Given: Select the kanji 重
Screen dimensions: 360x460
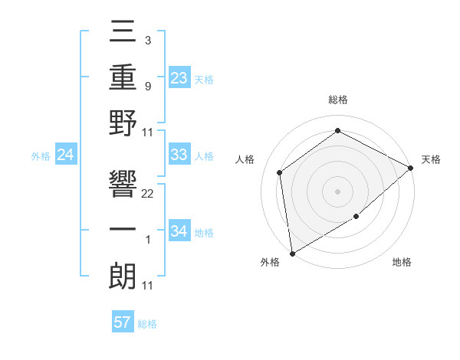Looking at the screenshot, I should (123, 79).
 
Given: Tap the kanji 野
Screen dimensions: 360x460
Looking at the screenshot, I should (123, 125).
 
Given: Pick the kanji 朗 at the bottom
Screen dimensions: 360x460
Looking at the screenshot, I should (123, 276).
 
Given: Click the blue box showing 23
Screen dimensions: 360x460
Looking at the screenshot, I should (179, 77).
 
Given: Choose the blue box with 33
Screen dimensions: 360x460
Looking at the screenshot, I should (179, 155).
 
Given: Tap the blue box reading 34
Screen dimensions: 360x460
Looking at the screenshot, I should (179, 231).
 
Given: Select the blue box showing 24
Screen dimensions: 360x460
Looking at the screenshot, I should (66, 155).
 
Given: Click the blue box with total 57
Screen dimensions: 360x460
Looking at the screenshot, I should (123, 322).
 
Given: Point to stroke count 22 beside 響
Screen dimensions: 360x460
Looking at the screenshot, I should (148, 194).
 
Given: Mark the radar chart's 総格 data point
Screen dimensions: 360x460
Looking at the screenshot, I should (337, 131).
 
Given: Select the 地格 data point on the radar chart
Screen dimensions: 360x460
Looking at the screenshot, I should (356, 217).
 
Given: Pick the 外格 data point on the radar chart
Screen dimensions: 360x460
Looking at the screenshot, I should (292, 253).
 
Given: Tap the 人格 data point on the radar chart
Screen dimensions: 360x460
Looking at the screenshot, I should (281, 172).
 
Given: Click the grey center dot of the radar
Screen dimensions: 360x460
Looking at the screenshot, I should (337, 191).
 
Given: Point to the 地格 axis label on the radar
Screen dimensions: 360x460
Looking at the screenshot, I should (402, 263).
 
